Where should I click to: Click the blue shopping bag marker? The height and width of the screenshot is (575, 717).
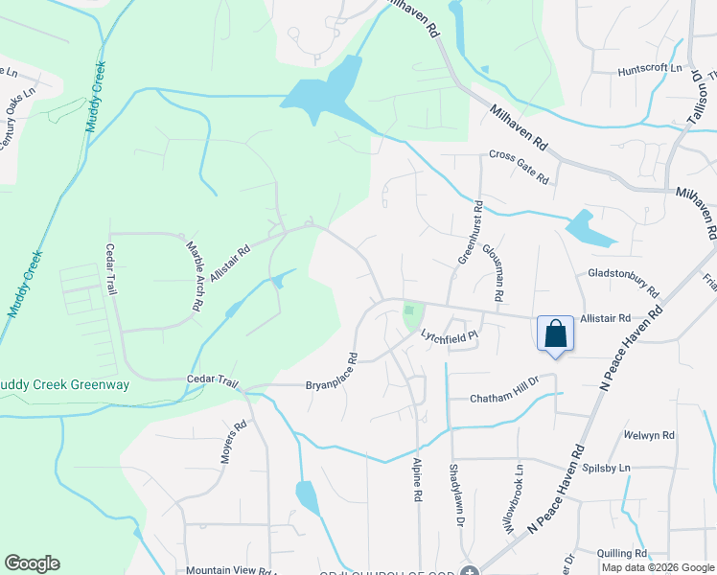pos(555,334)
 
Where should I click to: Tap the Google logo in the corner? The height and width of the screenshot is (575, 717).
pos(32,563)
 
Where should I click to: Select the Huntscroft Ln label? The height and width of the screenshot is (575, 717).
pos(649,69)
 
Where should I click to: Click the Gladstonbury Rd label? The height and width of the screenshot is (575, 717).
pos(624,282)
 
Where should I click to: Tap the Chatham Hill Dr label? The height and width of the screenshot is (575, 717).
pos(505,398)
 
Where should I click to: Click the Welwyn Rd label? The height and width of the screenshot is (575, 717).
pos(648,435)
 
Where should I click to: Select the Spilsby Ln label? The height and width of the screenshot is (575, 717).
pos(604,468)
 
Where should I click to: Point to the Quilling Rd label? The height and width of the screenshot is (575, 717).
pos(620,553)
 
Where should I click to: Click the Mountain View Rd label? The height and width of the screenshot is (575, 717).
pos(231,570)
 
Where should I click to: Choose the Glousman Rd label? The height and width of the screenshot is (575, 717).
pos(493,272)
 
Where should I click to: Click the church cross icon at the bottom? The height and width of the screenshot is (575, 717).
pos(469,571)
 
